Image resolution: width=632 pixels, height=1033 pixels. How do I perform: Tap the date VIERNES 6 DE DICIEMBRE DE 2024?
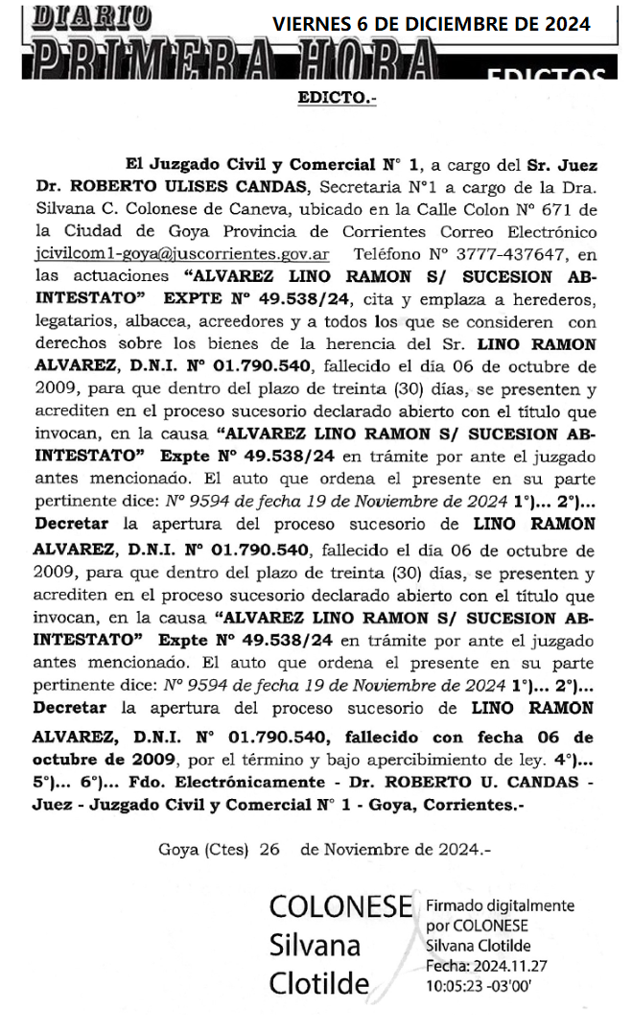pyautogui.click(x=431, y=24)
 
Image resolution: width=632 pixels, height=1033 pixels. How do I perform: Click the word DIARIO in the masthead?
pyautogui.click(x=91, y=16)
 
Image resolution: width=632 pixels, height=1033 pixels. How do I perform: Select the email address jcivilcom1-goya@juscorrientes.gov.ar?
pyautogui.click(x=181, y=255)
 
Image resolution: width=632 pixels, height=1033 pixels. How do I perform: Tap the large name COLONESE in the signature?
pyautogui.click(x=340, y=907)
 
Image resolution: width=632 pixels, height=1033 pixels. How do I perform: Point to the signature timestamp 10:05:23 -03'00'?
pyautogui.click(x=478, y=985)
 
